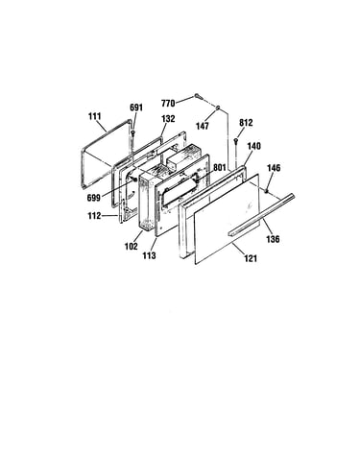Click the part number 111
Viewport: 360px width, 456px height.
click(95, 116)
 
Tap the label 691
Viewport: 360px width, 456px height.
click(136, 108)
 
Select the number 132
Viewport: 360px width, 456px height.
click(168, 119)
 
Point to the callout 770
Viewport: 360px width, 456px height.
click(168, 104)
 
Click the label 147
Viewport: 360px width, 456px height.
click(203, 126)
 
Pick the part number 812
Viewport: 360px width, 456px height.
click(246, 123)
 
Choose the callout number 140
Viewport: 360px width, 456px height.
click(254, 146)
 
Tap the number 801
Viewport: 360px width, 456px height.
click(220, 167)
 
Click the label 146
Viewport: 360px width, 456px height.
click(274, 168)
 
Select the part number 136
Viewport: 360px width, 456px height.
click(273, 239)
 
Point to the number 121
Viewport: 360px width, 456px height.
click(251, 258)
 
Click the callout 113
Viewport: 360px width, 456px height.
click(150, 255)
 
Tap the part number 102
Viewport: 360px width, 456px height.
click(132, 246)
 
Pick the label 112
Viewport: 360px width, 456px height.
click(94, 216)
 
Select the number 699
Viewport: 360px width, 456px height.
click(94, 198)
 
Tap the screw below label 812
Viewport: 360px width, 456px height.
click(236, 141)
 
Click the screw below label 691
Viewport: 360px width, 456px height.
click(132, 132)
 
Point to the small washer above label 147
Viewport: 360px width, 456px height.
click(218, 108)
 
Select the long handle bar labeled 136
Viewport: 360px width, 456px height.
click(261, 215)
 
